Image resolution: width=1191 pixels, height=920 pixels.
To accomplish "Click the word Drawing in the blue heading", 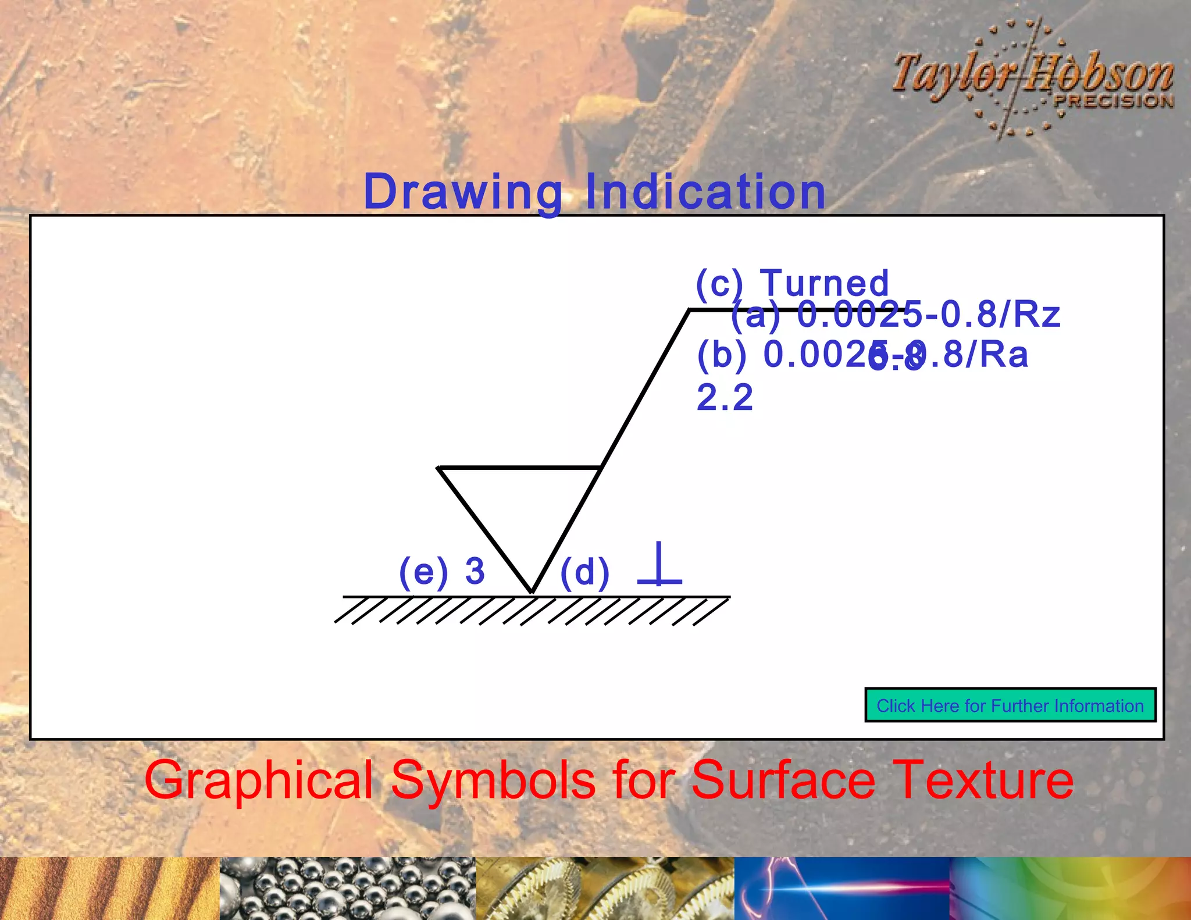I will pos(463,192).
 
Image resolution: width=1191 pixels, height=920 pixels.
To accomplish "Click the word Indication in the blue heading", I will pos(705,192).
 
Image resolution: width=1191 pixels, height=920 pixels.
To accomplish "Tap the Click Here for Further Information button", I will pos(1010,705).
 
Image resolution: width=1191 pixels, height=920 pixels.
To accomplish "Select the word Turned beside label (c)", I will pos(825,283).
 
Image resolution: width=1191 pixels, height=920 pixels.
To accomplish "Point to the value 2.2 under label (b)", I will pos(725,398).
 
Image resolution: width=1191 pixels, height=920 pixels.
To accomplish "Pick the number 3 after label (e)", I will pos(475,571).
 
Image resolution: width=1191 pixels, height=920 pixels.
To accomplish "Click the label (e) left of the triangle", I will pos(423,572).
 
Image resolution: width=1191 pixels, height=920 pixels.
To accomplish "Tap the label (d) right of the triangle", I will pos(585,572).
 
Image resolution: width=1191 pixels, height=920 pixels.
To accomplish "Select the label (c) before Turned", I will pos(719,284).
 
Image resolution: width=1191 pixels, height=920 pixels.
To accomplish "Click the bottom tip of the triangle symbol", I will pos(532,591).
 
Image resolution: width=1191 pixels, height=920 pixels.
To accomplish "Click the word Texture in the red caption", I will pos(983,780).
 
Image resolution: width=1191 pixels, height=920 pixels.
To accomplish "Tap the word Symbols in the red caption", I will pos(493,780).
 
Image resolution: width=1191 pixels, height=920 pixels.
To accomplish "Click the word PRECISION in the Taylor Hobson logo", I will pos(1113,101).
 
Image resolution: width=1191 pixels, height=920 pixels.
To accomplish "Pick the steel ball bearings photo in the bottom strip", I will pos(348,889).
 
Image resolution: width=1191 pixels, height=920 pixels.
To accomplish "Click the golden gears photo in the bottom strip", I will pos(605,889).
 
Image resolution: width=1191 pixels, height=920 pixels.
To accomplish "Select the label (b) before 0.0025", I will pos(722,355).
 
